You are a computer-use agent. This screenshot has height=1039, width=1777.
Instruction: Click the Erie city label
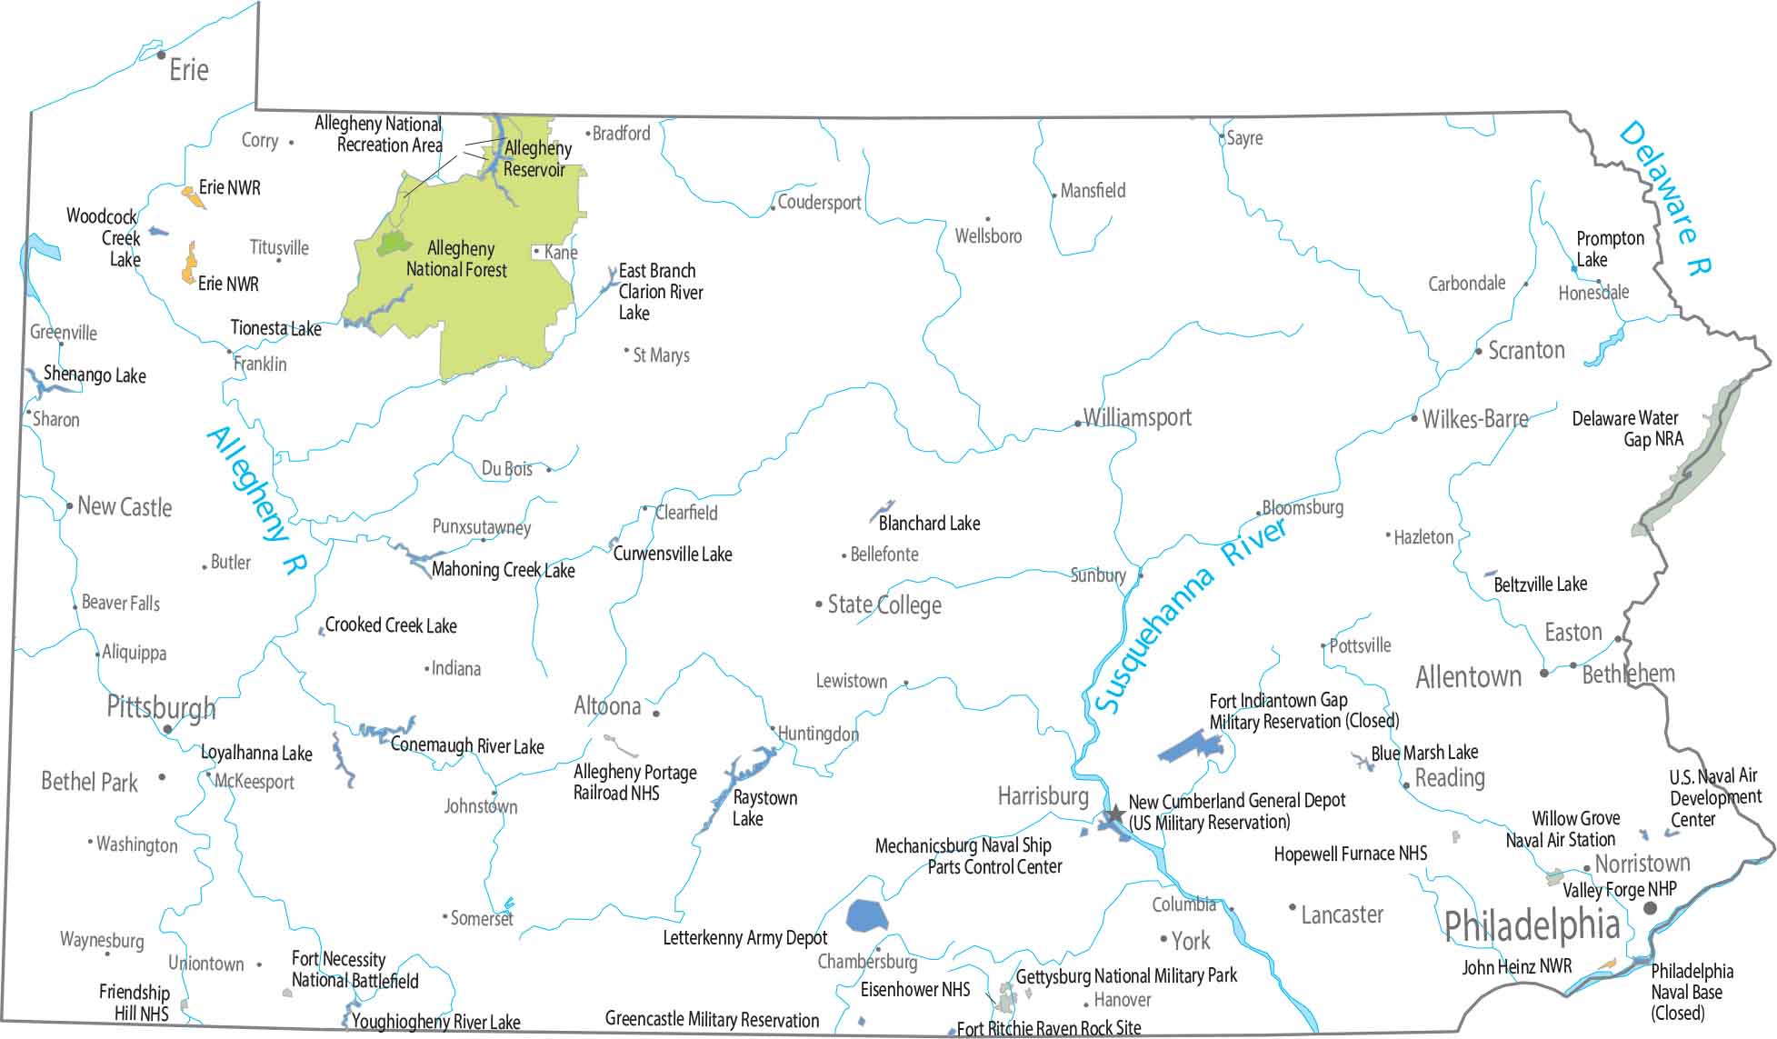tap(188, 70)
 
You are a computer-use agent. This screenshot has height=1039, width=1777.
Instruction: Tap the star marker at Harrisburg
tap(1114, 814)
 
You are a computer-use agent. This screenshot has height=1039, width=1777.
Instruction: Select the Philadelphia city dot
tap(1650, 908)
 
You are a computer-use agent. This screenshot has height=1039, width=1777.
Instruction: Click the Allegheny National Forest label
tap(456, 259)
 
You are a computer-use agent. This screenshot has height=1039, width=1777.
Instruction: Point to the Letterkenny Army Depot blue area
tap(866, 915)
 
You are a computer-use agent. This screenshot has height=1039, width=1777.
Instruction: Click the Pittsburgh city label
tap(161, 707)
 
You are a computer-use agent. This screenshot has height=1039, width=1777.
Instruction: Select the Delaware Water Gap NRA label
tap(1627, 429)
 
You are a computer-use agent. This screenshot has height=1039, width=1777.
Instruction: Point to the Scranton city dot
tap(1478, 352)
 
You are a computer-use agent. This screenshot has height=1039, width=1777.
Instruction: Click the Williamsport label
tap(1136, 418)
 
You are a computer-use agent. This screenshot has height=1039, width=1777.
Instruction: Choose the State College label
tap(884, 605)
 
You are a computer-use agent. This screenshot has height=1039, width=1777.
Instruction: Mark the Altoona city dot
tap(656, 714)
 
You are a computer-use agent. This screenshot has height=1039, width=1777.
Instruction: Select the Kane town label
tap(560, 253)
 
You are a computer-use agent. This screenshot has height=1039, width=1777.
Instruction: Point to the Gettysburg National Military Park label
tap(1126, 976)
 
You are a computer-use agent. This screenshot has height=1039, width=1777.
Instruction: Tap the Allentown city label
tap(1468, 677)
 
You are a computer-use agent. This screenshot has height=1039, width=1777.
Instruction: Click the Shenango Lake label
tap(95, 375)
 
